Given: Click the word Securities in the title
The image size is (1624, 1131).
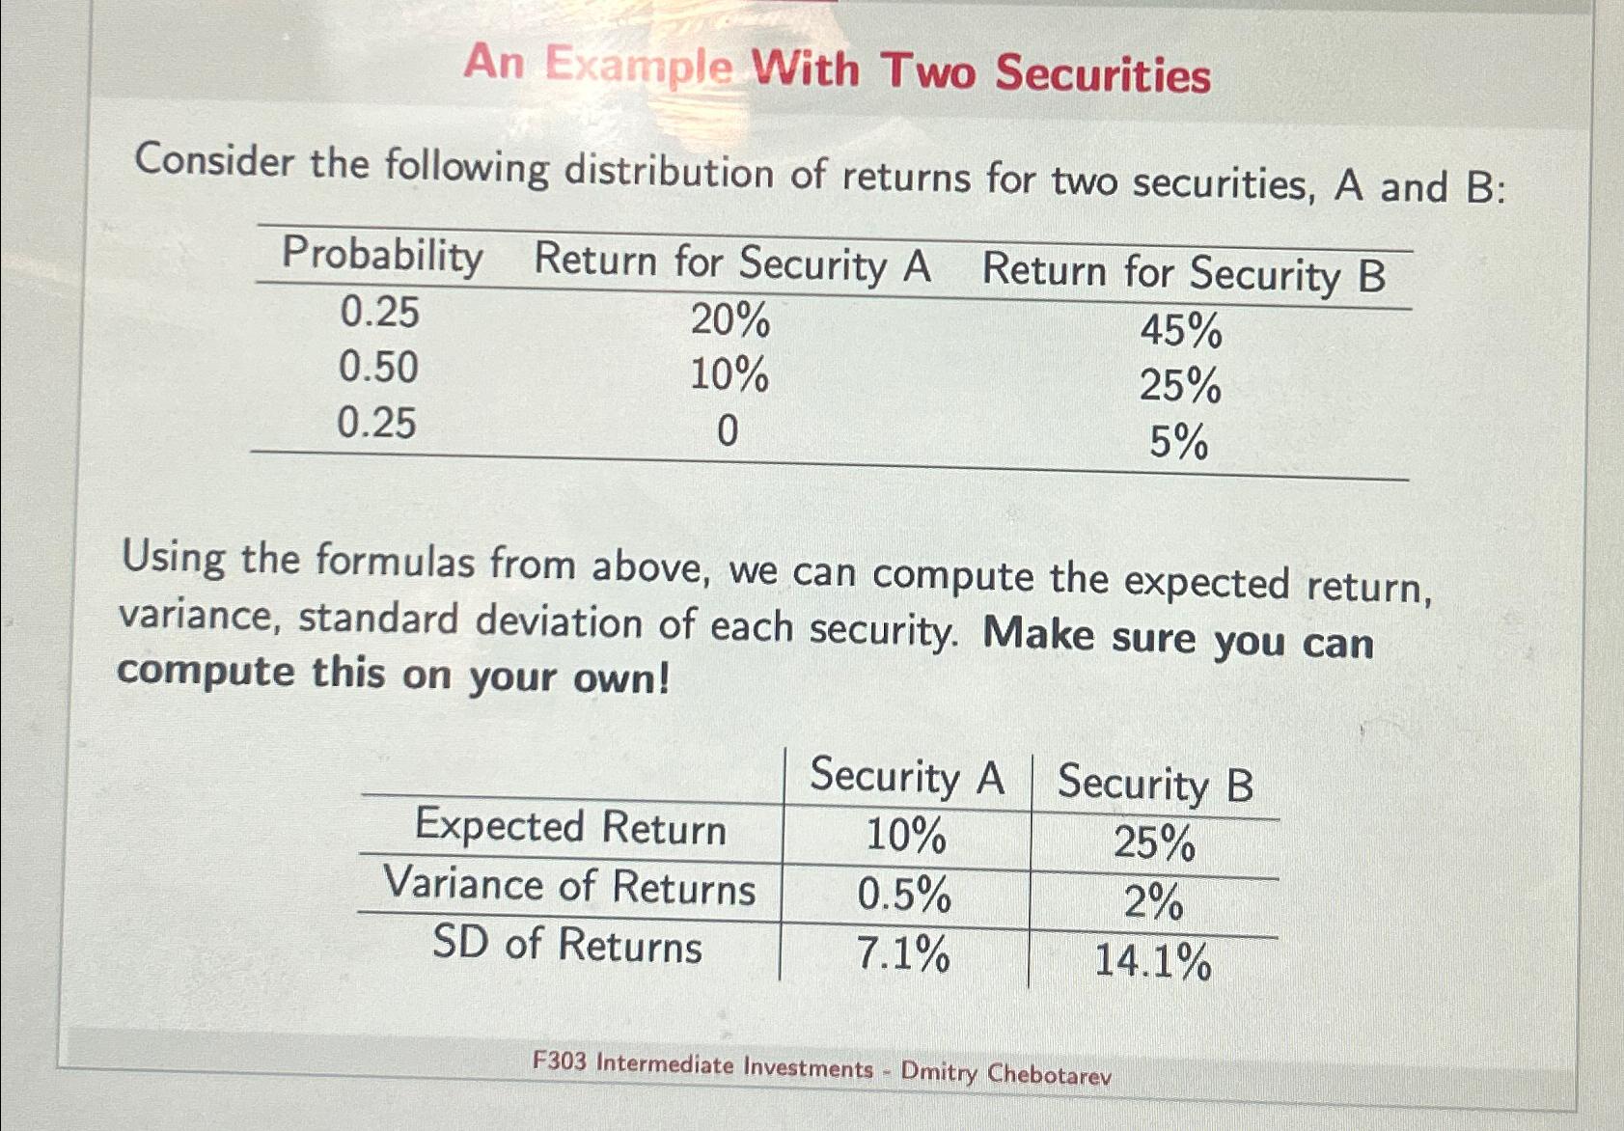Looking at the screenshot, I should tap(1102, 73).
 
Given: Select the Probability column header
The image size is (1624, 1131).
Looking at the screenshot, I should tap(382, 255).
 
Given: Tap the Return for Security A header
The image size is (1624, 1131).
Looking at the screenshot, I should tap(732, 263).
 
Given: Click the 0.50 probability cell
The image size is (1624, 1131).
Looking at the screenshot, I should tap(378, 368).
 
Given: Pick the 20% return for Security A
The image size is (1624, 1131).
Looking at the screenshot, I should tap(729, 319).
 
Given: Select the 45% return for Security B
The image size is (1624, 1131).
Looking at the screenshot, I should tap(1180, 330).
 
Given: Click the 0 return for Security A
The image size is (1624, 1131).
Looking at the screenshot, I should tap(728, 430).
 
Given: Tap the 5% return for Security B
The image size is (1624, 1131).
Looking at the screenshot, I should tap(1178, 442).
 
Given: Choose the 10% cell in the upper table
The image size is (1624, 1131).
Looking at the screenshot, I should tap(729, 374).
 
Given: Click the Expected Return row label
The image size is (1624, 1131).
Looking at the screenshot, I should tap(570, 827).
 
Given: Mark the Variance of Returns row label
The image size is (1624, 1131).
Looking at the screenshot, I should tap(569, 886).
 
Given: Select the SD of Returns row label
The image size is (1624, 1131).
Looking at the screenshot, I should tap(566, 944).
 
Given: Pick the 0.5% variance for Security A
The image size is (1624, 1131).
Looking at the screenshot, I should tap(903, 895).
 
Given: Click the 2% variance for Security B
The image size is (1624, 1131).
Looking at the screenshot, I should tap(1153, 902).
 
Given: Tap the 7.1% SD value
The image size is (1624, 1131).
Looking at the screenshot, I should tap(902, 954).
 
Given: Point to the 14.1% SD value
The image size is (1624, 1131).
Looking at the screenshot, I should tap(1152, 962).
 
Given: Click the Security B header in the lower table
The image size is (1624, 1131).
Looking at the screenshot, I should tap(1155, 783).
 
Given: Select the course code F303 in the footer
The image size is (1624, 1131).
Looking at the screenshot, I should tap(559, 1062).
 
